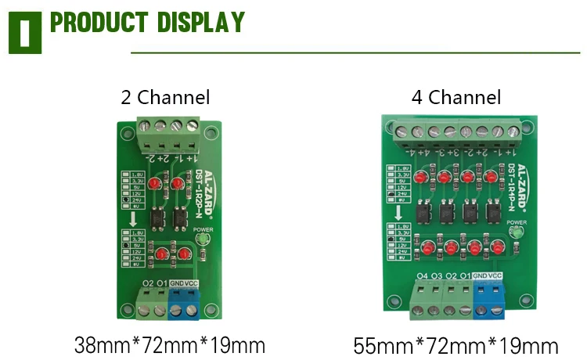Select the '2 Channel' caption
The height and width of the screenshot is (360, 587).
pos(165,98)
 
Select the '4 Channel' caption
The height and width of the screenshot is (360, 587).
pos(456,98)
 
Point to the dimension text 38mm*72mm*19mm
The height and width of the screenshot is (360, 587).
pos(169,344)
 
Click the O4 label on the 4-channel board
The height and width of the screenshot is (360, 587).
pos(423,275)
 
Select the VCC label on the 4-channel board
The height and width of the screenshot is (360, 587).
pos(495,275)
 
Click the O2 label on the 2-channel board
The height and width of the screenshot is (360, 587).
pos(148,283)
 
